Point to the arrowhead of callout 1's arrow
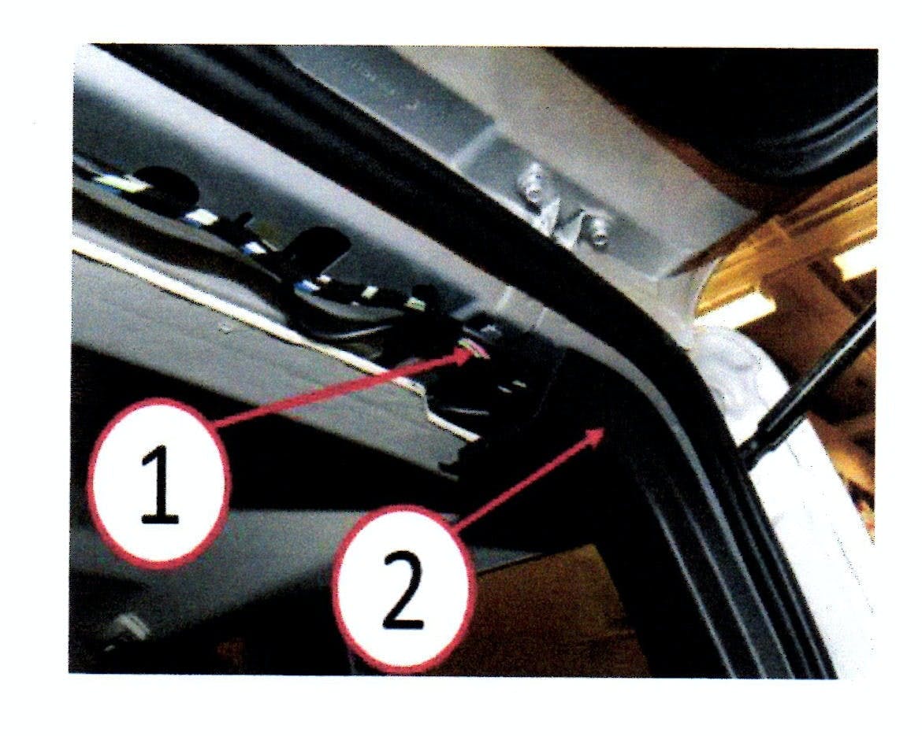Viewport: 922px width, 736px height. tap(473, 354)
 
